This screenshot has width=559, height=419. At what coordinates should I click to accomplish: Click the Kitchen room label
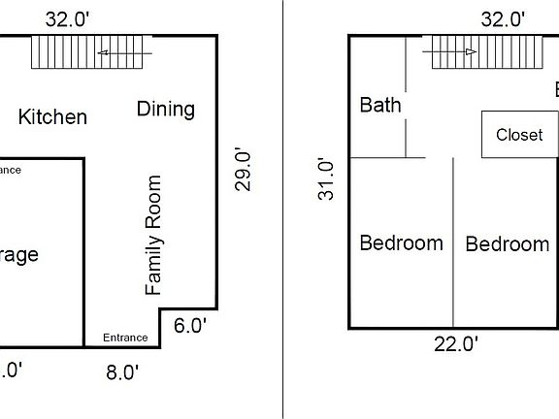pyautogui.click(x=52, y=117)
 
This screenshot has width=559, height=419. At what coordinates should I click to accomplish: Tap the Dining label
pyautogui.click(x=165, y=109)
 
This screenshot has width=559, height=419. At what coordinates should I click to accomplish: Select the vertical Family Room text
pyautogui.click(x=153, y=235)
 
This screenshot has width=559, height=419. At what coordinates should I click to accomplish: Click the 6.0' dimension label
pyautogui.click(x=190, y=326)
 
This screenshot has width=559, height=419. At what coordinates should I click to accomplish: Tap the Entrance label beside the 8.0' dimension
pyautogui.click(x=125, y=338)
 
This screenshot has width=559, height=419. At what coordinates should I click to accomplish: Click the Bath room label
pyautogui.click(x=380, y=105)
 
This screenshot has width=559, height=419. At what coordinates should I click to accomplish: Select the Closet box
pyautogui.click(x=519, y=134)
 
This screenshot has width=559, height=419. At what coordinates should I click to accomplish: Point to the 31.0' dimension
pyautogui.click(x=327, y=179)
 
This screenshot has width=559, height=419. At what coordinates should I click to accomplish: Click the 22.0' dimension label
pyautogui.click(x=456, y=343)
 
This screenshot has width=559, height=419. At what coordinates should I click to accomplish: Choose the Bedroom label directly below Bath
pyautogui.click(x=401, y=242)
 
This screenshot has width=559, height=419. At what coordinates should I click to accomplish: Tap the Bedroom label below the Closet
pyautogui.click(x=507, y=244)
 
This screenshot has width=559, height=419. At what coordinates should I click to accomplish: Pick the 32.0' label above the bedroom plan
pyautogui.click(x=503, y=18)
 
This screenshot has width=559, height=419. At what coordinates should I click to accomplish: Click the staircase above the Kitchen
pyautogui.click(x=92, y=51)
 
